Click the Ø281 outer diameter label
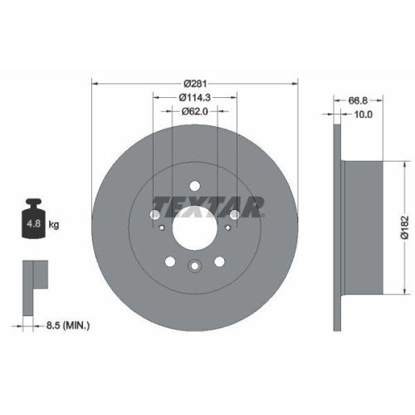(x=194, y=83)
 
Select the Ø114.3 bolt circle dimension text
(x=194, y=98)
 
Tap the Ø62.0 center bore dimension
(x=194, y=112)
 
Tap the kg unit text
(x=55, y=225)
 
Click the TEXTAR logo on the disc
(x=207, y=204)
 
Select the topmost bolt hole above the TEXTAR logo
(x=194, y=186)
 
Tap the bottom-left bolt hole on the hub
(x=170, y=261)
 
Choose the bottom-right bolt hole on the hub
(x=219, y=261)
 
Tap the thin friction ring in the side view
(x=338, y=225)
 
